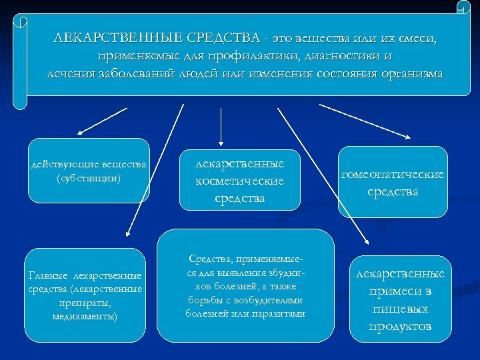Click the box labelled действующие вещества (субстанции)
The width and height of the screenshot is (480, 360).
tap(89, 171)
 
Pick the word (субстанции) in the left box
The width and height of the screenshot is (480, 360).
tap(89, 178)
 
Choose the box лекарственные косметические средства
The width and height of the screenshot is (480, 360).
tap(239, 181)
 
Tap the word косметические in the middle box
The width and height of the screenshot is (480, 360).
tap(239, 181)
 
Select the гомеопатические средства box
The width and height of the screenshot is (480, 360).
tap(392, 182)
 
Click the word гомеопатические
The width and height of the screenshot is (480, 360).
tap(392, 174)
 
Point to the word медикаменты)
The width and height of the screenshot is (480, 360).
tap(85, 316)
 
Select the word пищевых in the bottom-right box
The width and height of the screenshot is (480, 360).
tap(399, 309)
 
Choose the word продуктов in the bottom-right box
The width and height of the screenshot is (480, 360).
tap(399, 326)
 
